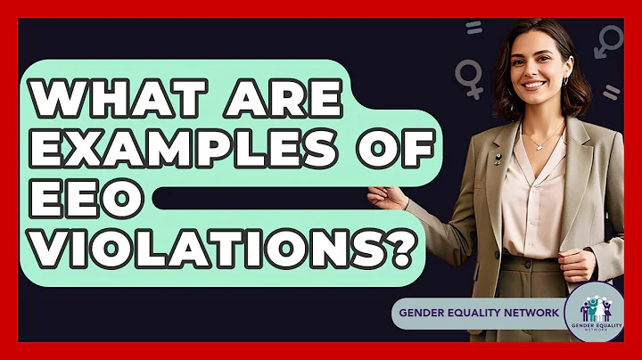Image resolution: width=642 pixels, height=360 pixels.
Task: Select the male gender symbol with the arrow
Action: click(609, 40)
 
